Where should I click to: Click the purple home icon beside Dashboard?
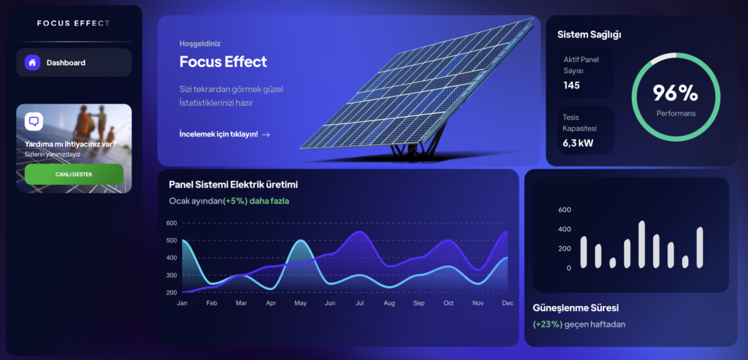point(32,63)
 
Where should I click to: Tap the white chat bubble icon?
point(34,121)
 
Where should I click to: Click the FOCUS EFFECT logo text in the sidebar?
point(74,23)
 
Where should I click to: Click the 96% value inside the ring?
point(676,93)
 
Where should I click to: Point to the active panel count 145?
point(571,85)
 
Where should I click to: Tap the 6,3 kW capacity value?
point(578,142)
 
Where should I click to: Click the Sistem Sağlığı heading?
point(589,34)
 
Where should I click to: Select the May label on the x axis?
point(300,303)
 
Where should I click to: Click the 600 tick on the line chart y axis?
point(171,223)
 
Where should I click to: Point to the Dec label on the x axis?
point(508,303)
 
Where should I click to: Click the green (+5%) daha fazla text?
point(256,202)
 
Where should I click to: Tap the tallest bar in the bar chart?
point(641,244)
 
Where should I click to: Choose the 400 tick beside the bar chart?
point(565,229)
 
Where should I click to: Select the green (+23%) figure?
point(548,324)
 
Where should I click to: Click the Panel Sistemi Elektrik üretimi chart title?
point(233,185)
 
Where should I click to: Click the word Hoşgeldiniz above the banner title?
point(200,43)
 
